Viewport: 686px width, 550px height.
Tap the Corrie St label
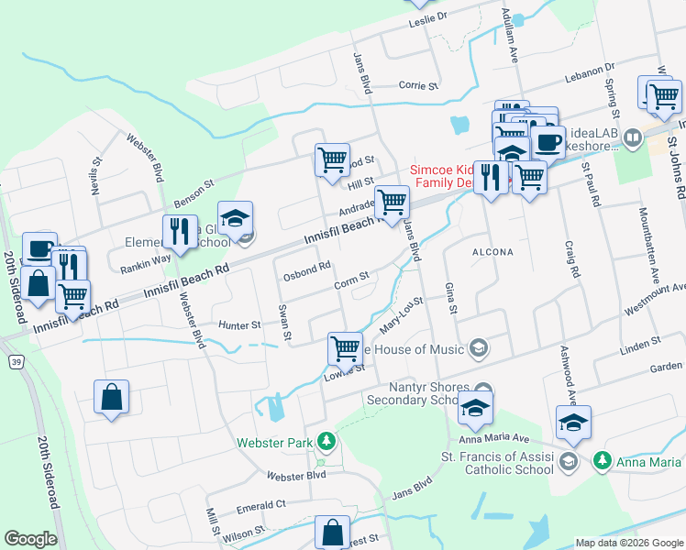[418, 85]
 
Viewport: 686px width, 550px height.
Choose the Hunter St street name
[241, 324]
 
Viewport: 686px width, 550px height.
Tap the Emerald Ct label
[260, 505]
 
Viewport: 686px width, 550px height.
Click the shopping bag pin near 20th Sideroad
[111, 397]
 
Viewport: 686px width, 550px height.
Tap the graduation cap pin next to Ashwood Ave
[573, 423]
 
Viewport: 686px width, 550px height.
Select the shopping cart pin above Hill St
[332, 159]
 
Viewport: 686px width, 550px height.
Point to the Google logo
[30, 539]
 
